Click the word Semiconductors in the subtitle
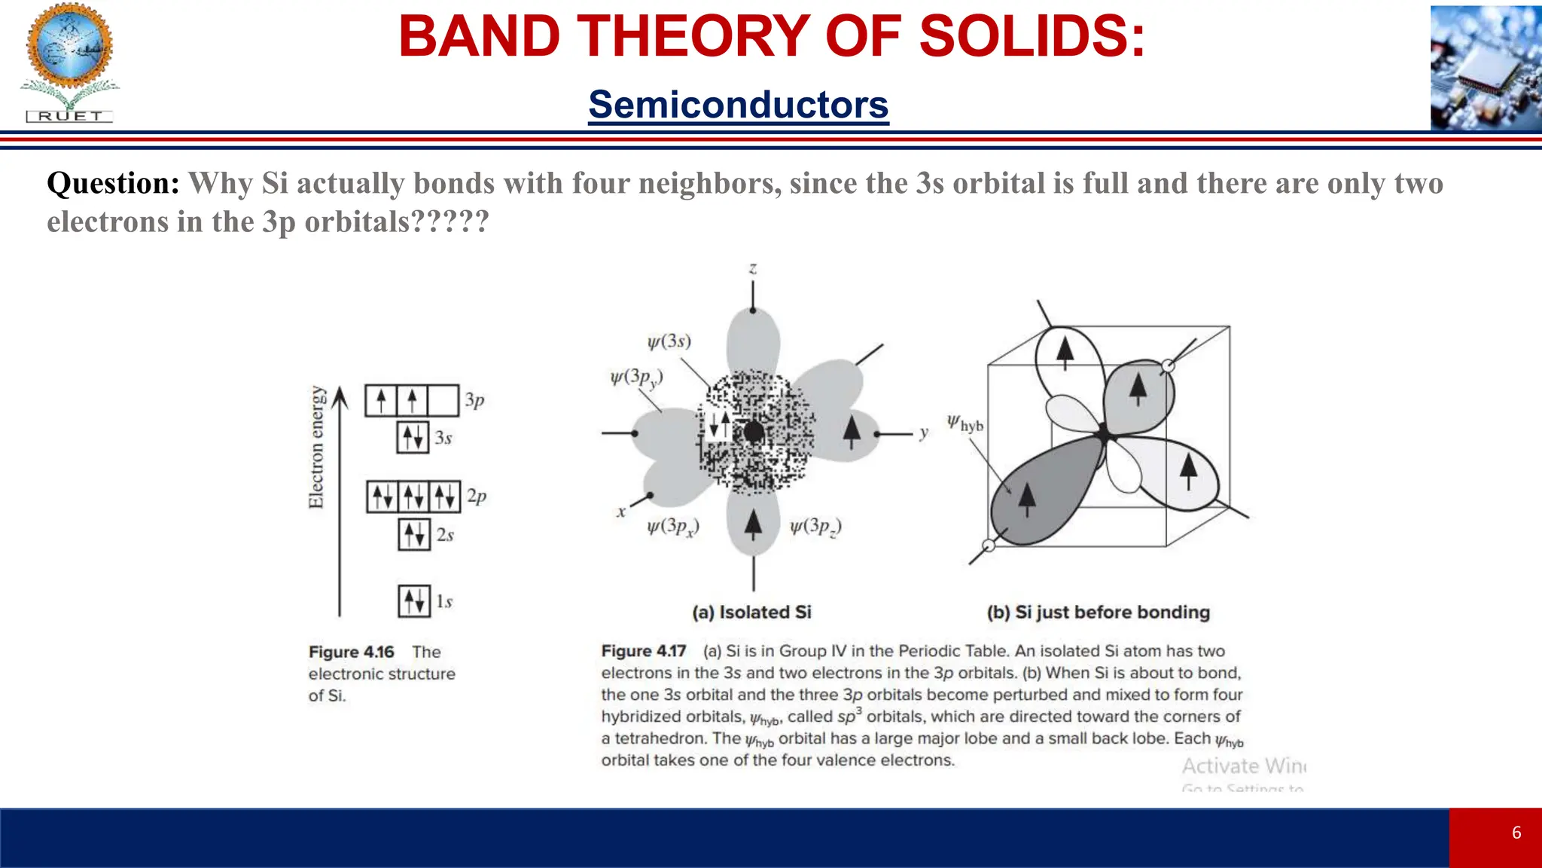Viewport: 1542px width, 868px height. [738, 105]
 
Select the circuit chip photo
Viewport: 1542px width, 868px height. [1486, 68]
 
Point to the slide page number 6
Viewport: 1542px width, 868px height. [1516, 833]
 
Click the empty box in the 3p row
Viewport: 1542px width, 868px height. [443, 400]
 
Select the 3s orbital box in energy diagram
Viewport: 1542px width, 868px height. [413, 437]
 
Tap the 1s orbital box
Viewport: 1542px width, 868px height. [414, 601]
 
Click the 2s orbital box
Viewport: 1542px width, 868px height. [414, 534]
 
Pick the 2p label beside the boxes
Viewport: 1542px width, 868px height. [477, 496]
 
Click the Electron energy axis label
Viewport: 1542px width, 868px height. [316, 448]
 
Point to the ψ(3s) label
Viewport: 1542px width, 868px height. [669, 341]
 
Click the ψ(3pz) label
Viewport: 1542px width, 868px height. [815, 527]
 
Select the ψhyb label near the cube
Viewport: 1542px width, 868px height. [965, 423]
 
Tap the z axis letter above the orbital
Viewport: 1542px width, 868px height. [753, 269]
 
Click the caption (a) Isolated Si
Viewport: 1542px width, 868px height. [751, 612]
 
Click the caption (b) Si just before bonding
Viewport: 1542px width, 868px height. [1098, 612]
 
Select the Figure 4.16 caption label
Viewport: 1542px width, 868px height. [352, 652]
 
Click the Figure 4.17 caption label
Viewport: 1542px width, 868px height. [644, 651]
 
